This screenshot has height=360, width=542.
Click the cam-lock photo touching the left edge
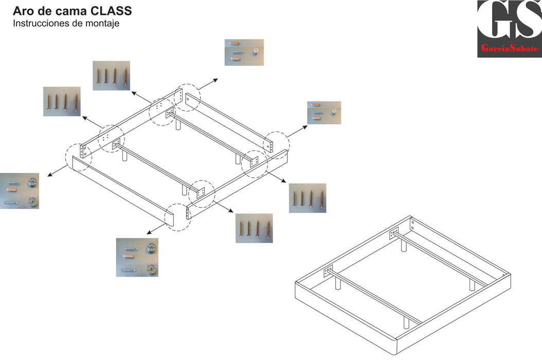click(x=20, y=191)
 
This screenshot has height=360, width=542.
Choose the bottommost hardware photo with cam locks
click(x=137, y=257)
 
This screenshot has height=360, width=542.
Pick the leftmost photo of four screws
click(x=62, y=101)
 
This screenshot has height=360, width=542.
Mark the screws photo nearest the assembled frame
click(x=308, y=198)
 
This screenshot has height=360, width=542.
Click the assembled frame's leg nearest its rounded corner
click(x=406, y=323)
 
